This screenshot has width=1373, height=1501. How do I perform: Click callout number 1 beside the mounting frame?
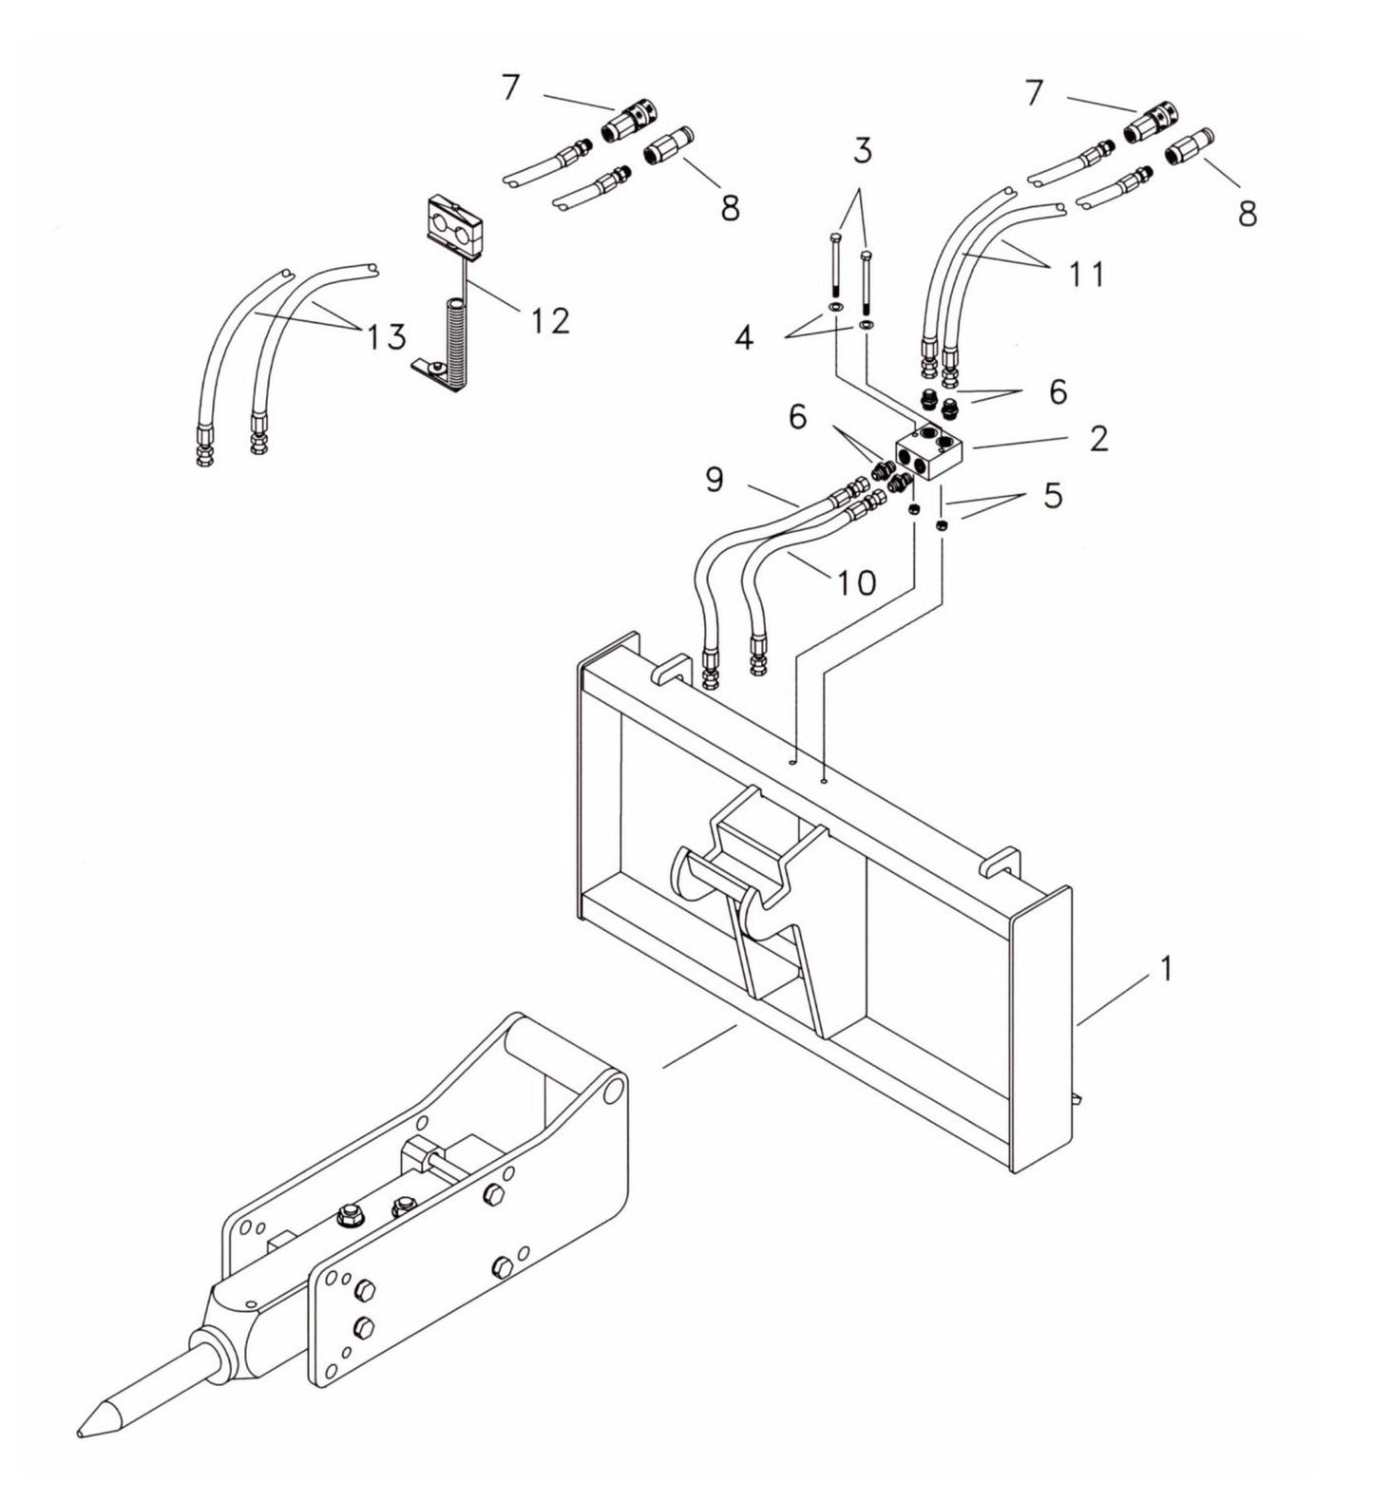tap(1164, 970)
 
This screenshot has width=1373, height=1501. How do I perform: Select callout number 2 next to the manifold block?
tap(1098, 439)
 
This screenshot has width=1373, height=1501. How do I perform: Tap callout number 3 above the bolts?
tap(861, 150)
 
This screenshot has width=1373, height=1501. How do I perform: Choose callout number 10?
tap(856, 581)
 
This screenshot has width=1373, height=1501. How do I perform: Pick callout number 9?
tap(715, 480)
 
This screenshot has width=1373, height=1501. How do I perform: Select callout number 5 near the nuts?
tap(1052, 495)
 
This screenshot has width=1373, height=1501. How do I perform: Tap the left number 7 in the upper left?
tap(510, 87)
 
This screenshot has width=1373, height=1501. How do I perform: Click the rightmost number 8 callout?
tap(1248, 213)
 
